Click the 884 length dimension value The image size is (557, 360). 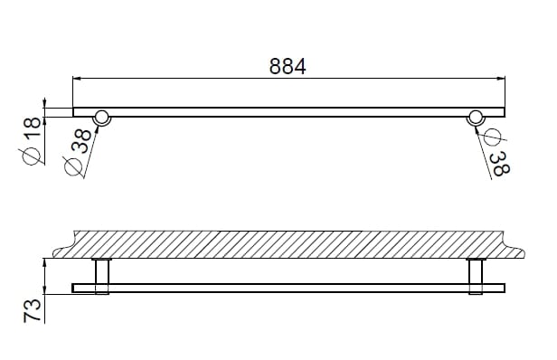pyautogui.click(x=288, y=66)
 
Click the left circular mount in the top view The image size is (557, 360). pyautogui.click(x=102, y=116)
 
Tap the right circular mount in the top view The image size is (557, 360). pyautogui.click(x=475, y=116)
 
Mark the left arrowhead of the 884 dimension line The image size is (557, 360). pyautogui.click(x=77, y=79)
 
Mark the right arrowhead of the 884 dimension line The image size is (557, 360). pyautogui.click(x=500, y=79)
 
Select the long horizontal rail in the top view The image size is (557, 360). pyautogui.click(x=288, y=111)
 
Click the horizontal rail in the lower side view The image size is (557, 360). pyautogui.click(x=288, y=289)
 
